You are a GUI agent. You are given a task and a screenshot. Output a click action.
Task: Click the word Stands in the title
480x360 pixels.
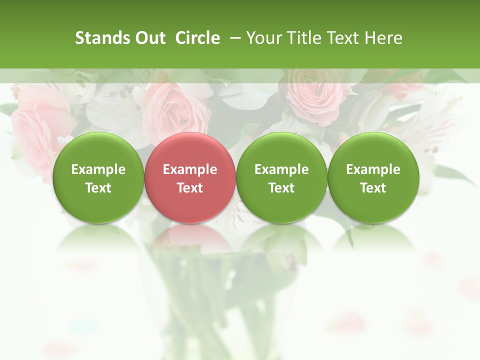[99, 38]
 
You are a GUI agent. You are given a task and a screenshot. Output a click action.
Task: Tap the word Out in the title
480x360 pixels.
[148, 38]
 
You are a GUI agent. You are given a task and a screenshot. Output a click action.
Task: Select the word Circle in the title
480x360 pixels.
[197, 38]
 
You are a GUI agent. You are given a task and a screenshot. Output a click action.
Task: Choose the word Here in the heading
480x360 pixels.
[384, 38]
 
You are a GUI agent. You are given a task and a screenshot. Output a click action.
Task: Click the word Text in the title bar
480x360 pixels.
[339, 38]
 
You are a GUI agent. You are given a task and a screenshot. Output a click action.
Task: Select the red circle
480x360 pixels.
[189, 177]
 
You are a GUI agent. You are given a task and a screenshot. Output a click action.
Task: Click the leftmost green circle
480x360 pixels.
[98, 177]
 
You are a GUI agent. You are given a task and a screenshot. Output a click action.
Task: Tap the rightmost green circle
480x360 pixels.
[373, 177]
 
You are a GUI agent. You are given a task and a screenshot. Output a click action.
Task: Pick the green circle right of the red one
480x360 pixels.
[281, 177]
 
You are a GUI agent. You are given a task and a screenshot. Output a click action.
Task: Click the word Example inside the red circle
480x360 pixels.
[190, 169]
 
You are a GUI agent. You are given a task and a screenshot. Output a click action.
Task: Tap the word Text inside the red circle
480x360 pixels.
[190, 188]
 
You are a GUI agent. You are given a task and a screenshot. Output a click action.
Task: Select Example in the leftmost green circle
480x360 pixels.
[98, 169]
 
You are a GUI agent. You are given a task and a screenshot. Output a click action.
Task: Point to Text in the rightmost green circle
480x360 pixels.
[373, 188]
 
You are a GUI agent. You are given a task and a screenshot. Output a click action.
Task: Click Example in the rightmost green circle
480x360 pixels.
[373, 169]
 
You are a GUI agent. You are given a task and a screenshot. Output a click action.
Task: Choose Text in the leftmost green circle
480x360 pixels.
[98, 188]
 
